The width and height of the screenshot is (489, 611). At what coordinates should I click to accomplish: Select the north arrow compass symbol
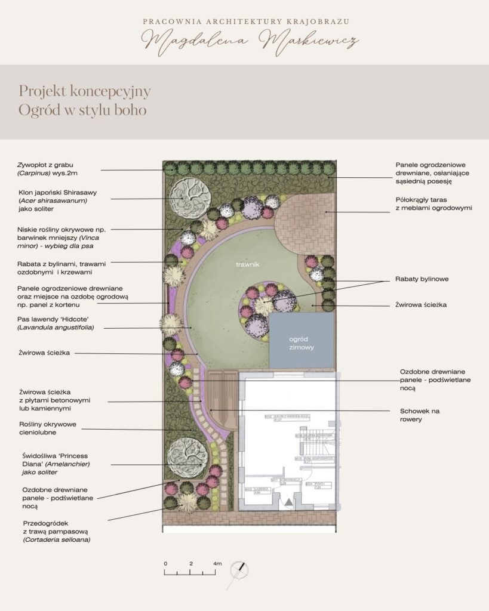pyautogui.click(x=240, y=570)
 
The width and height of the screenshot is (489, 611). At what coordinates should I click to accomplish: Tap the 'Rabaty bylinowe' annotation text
pyautogui.click(x=422, y=279)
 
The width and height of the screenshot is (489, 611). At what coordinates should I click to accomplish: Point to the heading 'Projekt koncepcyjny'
pyautogui.click(x=84, y=91)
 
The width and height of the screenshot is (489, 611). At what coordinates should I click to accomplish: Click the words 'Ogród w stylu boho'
pyautogui.click(x=82, y=110)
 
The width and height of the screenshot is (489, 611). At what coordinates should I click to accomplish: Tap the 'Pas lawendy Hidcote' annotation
pyautogui.click(x=60, y=323)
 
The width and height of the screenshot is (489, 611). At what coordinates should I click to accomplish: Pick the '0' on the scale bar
pyautogui.click(x=165, y=563)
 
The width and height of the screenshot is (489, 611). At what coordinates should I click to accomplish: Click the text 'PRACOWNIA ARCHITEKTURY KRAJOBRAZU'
pyautogui.click(x=245, y=21)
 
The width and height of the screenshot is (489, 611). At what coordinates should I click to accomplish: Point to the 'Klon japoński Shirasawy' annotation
pyautogui.click(x=57, y=200)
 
